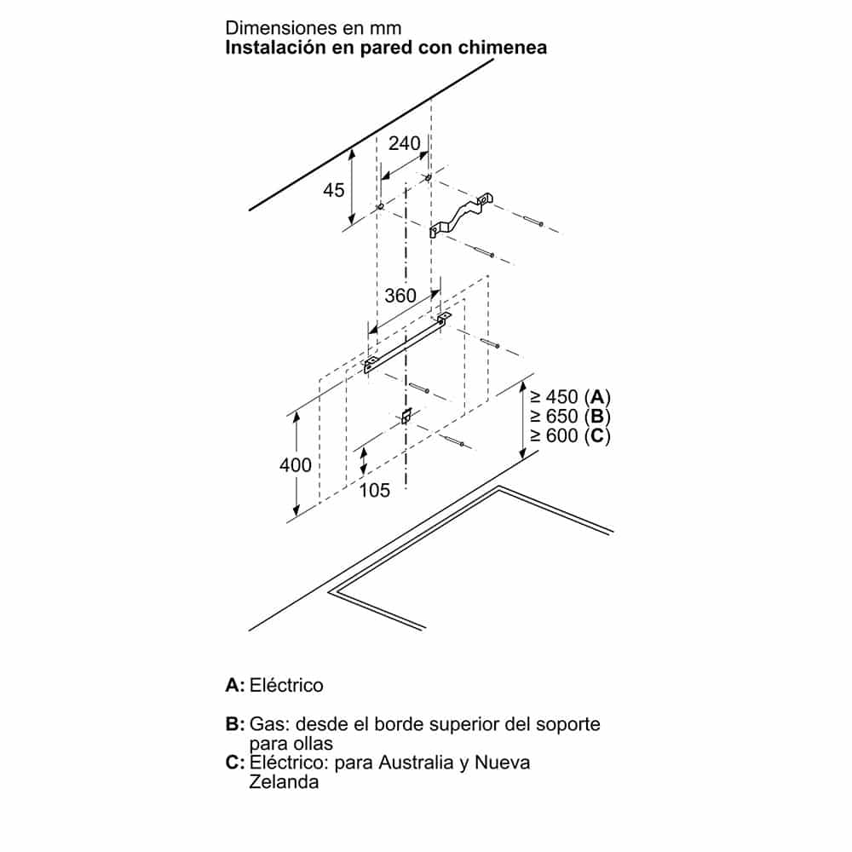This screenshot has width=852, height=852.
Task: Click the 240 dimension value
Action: [x=404, y=144]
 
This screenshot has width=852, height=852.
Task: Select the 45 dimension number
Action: [x=334, y=189]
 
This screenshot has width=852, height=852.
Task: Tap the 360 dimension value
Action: [x=400, y=296]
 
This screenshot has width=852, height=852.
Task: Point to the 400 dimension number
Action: [x=295, y=465]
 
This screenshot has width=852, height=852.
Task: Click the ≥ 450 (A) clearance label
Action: [x=570, y=397]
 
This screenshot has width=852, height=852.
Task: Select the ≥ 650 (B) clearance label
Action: [x=570, y=417]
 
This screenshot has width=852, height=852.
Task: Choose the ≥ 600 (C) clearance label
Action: [x=570, y=436]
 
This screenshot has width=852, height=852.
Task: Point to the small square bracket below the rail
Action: [x=407, y=416]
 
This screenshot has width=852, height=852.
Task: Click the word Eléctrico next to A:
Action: [x=287, y=685]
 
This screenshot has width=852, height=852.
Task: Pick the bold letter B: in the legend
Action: [x=235, y=725]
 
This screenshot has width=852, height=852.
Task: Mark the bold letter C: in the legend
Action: [x=235, y=763]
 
